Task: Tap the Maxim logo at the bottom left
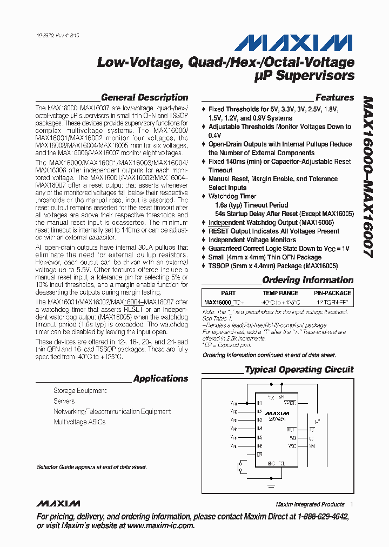coord(58,504)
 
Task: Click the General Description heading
coord(144,98)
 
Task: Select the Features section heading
coord(334,98)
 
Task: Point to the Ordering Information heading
coord(307,280)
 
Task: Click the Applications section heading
coord(160,378)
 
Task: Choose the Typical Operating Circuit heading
coord(299,370)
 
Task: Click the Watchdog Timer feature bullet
coord(232,196)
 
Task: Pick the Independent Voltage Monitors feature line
coord(252,239)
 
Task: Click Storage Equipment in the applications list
coord(80,391)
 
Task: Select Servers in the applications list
coord(64,401)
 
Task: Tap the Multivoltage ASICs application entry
coord(79,422)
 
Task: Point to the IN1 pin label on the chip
coord(259,403)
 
